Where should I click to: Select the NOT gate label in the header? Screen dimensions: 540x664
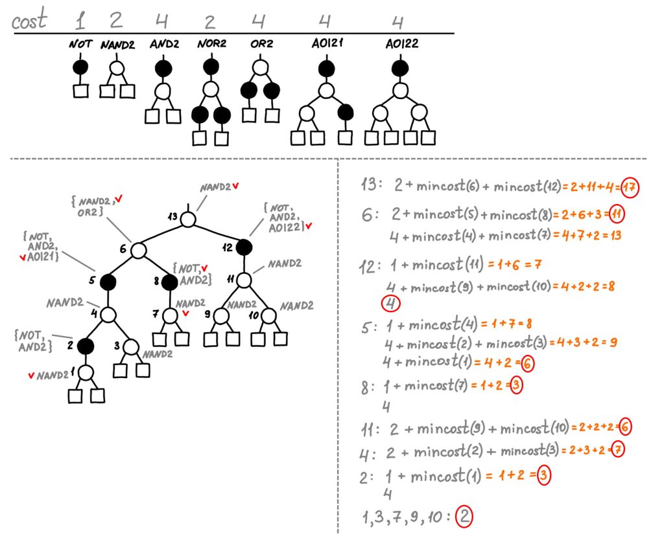click(80, 45)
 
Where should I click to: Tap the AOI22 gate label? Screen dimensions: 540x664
click(399, 45)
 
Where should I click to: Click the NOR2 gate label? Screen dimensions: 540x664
click(210, 45)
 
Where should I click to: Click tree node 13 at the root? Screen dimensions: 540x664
click(188, 219)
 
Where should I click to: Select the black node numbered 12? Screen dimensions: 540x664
click(244, 247)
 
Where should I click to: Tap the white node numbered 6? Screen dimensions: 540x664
click(138, 250)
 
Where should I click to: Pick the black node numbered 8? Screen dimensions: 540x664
click(169, 282)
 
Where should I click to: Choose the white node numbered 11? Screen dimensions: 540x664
click(244, 280)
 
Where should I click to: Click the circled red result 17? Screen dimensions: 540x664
click(629, 188)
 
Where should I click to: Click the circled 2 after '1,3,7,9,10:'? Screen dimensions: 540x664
click(464, 517)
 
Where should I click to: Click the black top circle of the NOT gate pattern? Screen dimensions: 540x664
click(80, 67)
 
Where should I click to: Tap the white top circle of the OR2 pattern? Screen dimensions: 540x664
click(260, 67)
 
